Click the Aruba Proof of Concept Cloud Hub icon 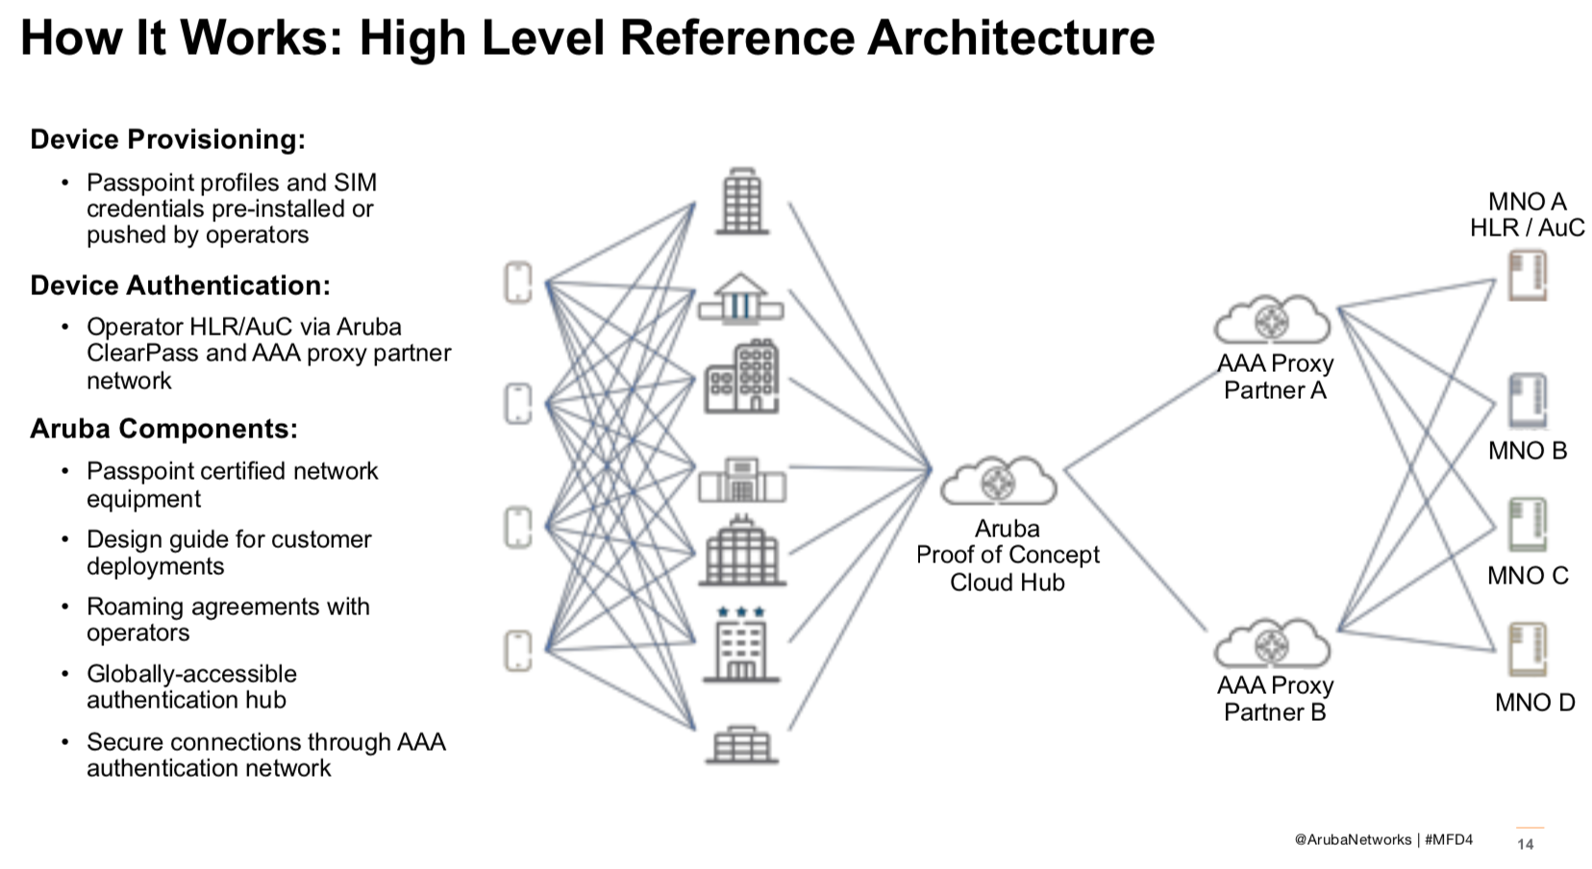click(998, 481)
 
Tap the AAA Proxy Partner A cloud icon click(1272, 319)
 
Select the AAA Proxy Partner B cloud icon click(1272, 642)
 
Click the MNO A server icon click(1527, 275)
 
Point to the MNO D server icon click(1527, 649)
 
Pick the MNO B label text click(1527, 451)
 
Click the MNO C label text click(1527, 576)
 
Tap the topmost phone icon click(518, 283)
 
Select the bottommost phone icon click(518, 651)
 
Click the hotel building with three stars click(740, 644)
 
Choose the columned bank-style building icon click(740, 298)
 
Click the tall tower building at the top click(741, 201)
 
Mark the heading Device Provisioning click(167, 139)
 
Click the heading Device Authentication click(180, 286)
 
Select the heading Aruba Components click(163, 429)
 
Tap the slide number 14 click(1525, 844)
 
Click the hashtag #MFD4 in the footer click(1449, 839)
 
